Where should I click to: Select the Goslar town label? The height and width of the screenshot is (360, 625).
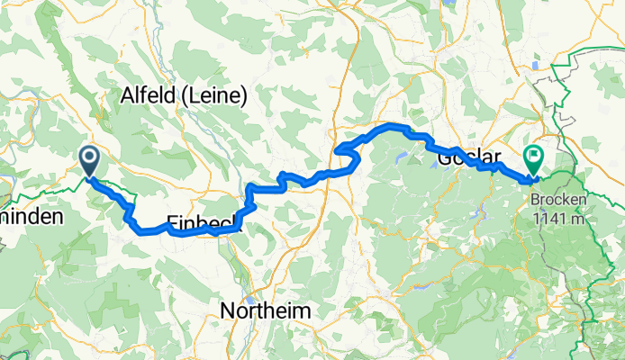(x=465, y=158)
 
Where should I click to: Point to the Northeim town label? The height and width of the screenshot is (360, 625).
(x=267, y=310)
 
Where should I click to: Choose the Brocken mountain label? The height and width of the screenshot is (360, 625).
(x=560, y=201)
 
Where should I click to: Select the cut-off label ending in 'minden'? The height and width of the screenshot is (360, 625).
(x=32, y=217)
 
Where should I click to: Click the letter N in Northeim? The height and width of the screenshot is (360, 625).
(x=228, y=310)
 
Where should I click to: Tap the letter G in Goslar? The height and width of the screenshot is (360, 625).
(x=443, y=158)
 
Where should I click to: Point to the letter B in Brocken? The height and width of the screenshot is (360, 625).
(x=535, y=201)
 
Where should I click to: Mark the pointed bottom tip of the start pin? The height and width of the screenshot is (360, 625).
(x=90, y=176)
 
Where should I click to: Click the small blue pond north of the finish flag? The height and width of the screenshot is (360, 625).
(x=538, y=65)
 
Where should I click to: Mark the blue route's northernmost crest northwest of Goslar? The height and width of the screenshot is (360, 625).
(x=392, y=125)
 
